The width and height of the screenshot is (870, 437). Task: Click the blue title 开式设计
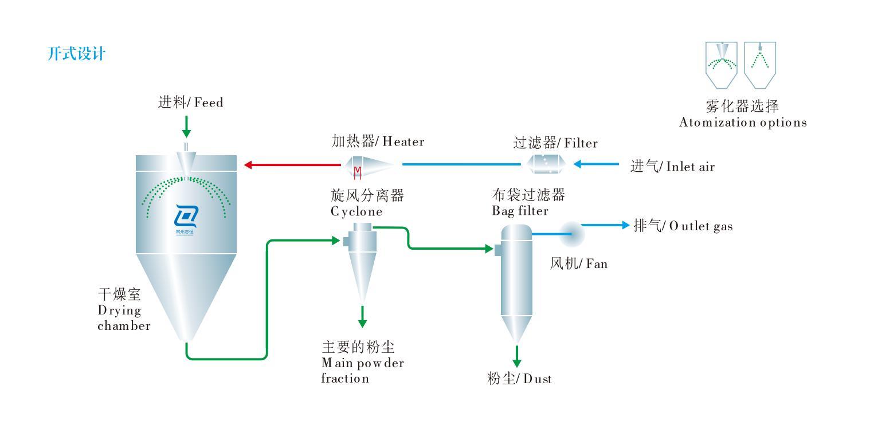tap(76, 55)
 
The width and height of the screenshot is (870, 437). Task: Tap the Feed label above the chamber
tap(190, 103)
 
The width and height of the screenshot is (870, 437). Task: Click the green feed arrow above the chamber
tap(186, 126)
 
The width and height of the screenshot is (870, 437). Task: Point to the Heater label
tap(378, 141)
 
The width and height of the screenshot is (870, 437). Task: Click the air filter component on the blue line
tap(546, 164)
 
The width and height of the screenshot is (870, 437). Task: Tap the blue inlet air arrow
tap(596, 164)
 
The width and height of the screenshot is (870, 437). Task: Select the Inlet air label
tap(672, 167)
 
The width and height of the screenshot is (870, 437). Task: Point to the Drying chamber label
tap(123, 310)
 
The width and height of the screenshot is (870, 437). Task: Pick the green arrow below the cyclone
tap(362, 316)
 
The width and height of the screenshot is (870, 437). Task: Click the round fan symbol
tap(571, 233)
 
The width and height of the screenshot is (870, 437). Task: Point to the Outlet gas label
tap(682, 226)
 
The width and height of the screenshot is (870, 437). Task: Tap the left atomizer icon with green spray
tap(721, 65)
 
